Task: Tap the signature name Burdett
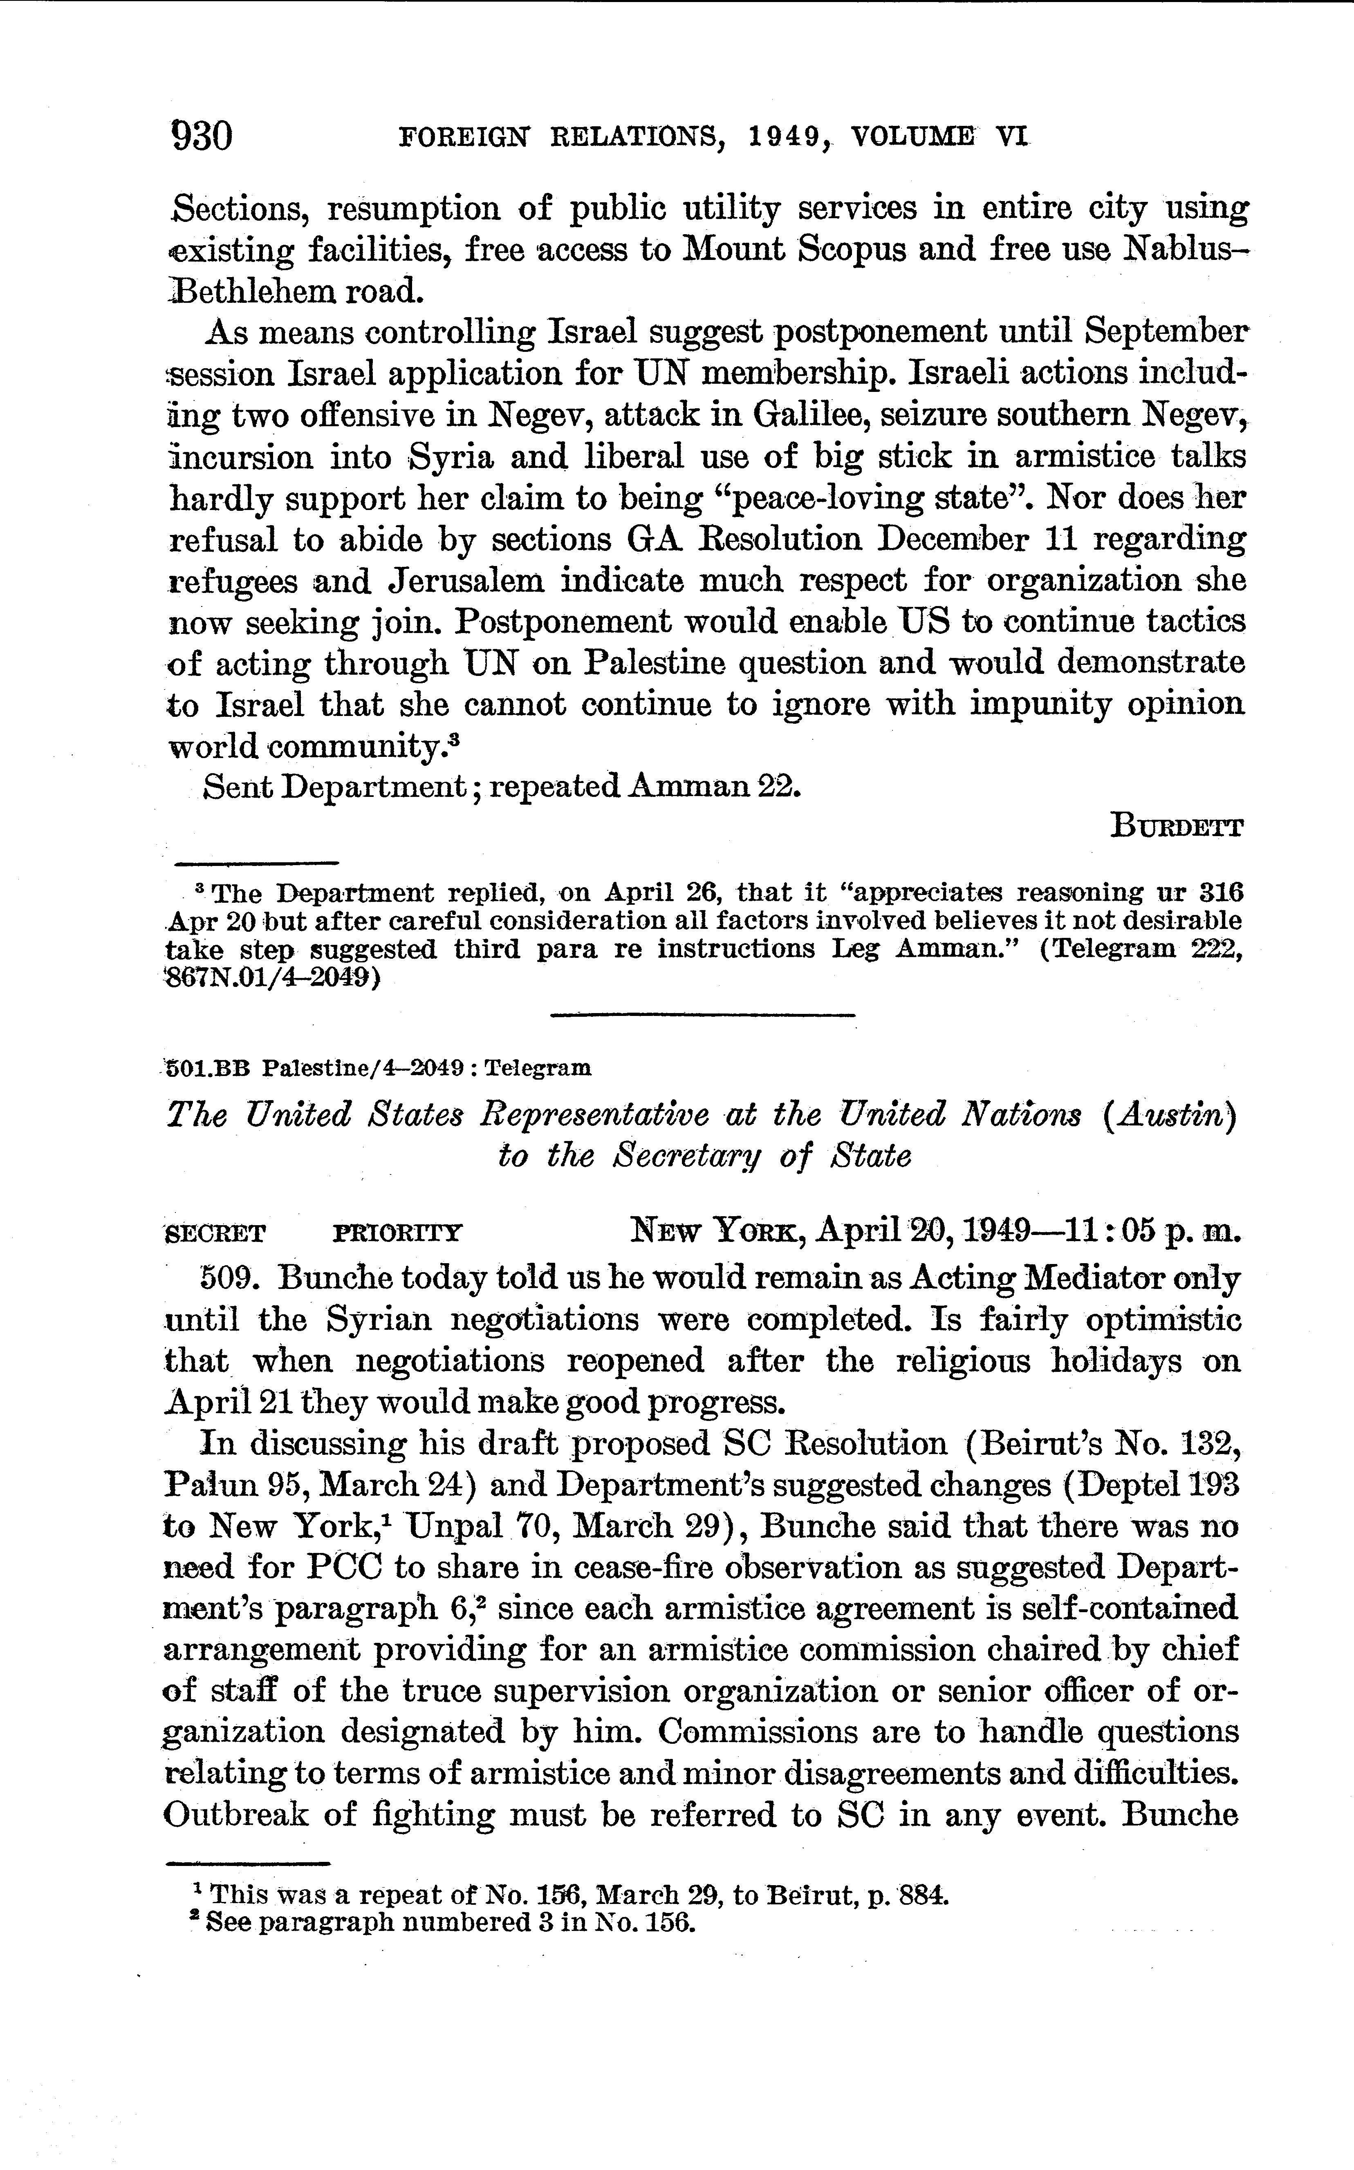click(x=1176, y=826)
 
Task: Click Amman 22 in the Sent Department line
click(x=713, y=786)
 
